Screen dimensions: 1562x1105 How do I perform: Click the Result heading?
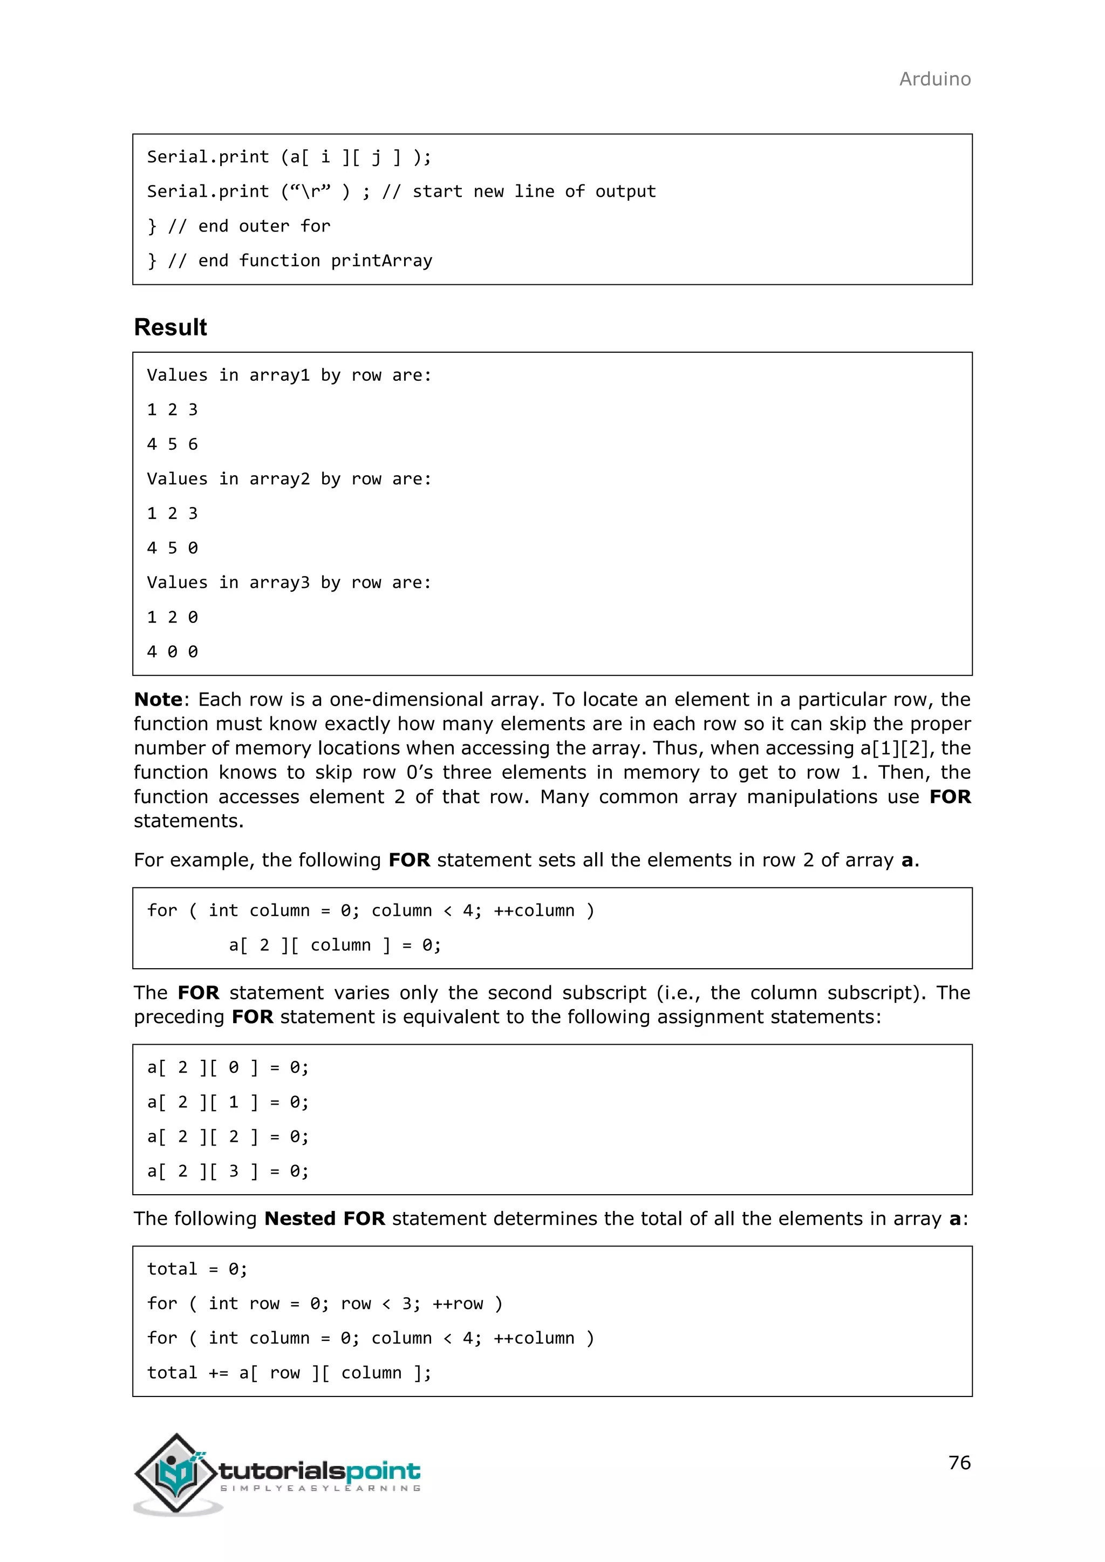pyautogui.click(x=170, y=327)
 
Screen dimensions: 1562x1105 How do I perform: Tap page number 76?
pyautogui.click(x=959, y=1462)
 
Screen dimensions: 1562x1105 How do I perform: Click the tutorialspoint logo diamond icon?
pyautogui.click(x=177, y=1474)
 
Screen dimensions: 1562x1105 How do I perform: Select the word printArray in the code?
pyautogui.click(x=381, y=261)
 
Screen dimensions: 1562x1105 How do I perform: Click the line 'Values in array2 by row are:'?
pyautogui.click(x=289, y=479)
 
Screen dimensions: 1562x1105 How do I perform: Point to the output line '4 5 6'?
pyautogui.click(x=172, y=444)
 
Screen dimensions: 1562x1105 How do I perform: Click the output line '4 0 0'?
pyautogui.click(x=172, y=652)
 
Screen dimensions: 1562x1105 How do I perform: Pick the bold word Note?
pyautogui.click(x=158, y=700)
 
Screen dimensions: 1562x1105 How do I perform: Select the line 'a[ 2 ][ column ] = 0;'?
pyautogui.click(x=335, y=945)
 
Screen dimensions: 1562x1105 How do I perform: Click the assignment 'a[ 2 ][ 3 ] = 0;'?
pyautogui.click(x=228, y=1171)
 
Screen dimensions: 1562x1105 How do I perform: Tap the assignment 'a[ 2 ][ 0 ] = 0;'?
pyautogui.click(x=228, y=1067)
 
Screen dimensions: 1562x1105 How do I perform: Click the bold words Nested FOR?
pyautogui.click(x=325, y=1218)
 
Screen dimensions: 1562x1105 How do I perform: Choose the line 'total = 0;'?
pyautogui.click(x=197, y=1269)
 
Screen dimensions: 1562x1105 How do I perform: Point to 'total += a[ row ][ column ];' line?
pyautogui.click(x=289, y=1372)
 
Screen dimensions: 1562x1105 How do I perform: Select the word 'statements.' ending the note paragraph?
pyautogui.click(x=188, y=821)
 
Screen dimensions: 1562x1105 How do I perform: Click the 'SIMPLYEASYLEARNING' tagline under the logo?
pyautogui.click(x=320, y=1489)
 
